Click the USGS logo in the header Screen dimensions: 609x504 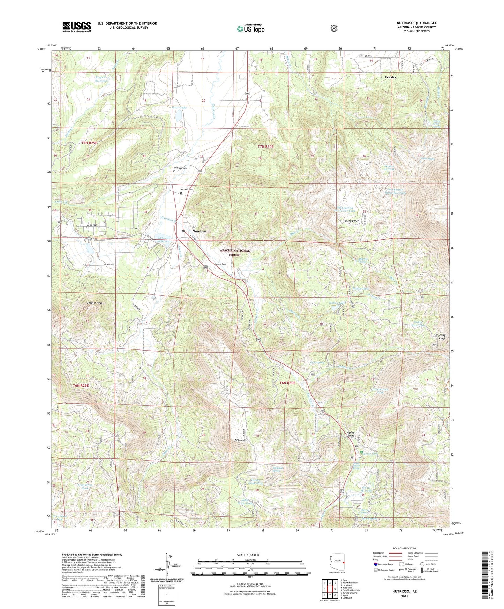pos(77,27)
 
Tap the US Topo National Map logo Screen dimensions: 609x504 pos(250,29)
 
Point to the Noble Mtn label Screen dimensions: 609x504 pos(241,441)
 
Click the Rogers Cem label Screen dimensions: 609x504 pos(220,264)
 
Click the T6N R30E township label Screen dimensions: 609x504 pos(287,383)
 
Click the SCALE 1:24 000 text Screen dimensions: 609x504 pos(249,555)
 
